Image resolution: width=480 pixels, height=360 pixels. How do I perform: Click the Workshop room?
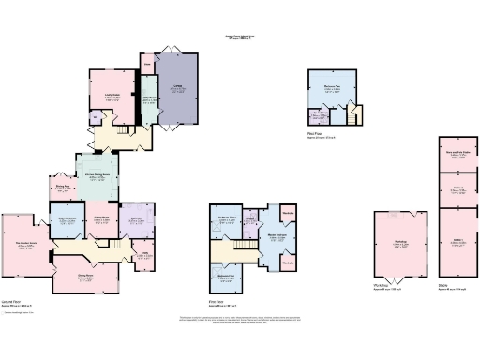399,246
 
